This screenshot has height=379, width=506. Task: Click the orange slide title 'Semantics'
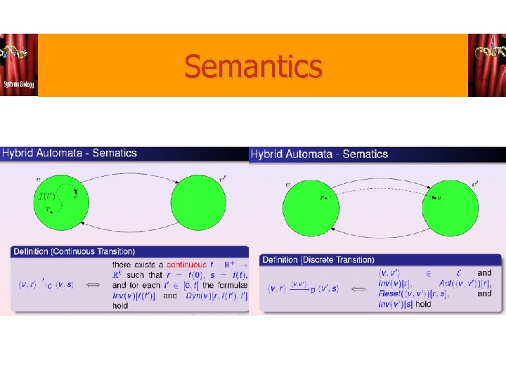click(253, 67)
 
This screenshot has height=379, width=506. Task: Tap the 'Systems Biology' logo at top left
click(19, 65)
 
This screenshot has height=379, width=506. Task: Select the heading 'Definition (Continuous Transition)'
click(74, 251)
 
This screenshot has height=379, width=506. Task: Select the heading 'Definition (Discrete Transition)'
click(318, 260)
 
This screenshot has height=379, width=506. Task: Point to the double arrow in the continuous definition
click(92, 285)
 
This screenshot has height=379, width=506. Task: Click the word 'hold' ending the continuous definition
click(120, 305)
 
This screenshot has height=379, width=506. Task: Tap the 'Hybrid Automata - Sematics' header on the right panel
click(319, 154)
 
